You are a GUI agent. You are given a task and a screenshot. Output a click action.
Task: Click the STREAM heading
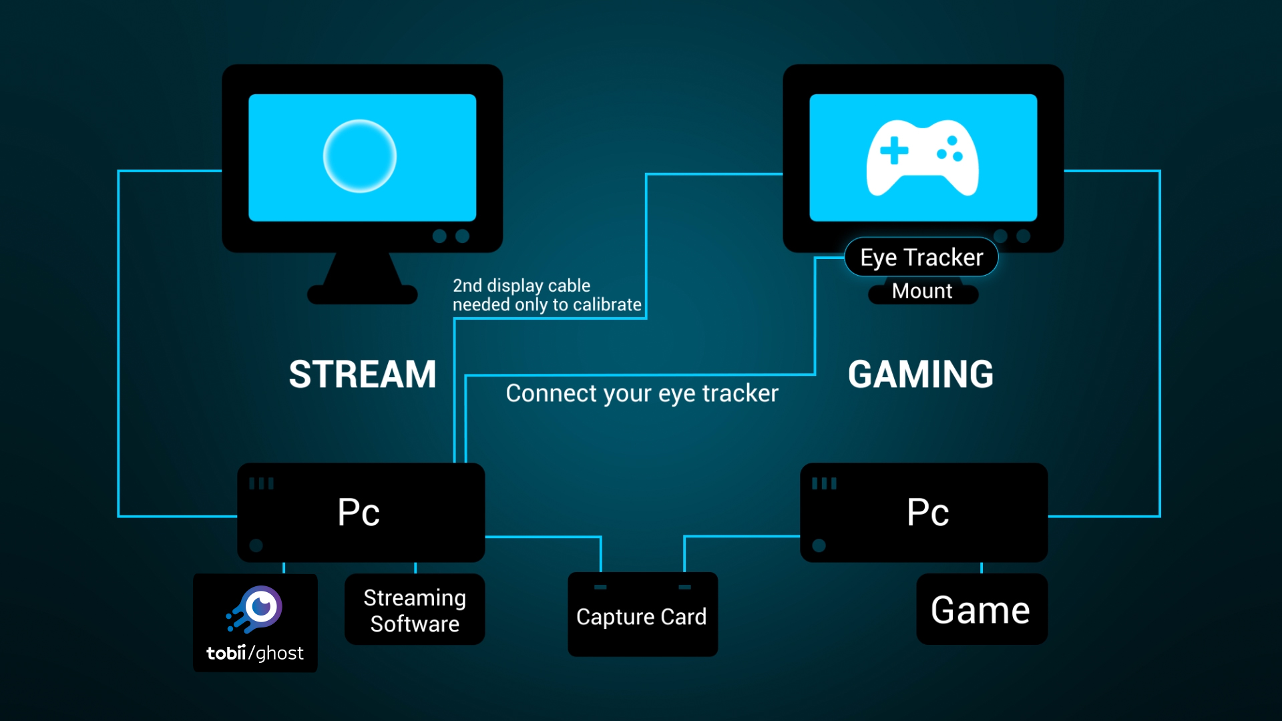(363, 374)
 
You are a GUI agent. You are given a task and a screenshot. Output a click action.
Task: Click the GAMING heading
(921, 374)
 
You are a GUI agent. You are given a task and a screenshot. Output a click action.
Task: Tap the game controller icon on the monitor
(922, 158)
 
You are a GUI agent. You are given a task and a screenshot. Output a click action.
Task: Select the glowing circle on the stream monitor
(360, 156)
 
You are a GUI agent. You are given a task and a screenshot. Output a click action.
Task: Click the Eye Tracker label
(921, 257)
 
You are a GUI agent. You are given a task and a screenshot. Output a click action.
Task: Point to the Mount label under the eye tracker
(922, 292)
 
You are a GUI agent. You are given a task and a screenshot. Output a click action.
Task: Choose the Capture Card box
(642, 616)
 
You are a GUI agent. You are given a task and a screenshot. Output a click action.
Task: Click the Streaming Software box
(415, 610)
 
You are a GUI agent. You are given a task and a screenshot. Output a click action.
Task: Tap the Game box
(981, 610)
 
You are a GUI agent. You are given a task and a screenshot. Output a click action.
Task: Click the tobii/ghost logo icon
(256, 609)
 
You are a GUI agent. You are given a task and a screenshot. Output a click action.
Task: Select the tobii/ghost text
(255, 653)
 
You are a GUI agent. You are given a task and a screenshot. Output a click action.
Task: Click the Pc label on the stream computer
(359, 513)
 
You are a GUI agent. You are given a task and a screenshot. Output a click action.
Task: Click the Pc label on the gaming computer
(927, 513)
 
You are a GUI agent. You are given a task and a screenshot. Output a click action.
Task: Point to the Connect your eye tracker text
(642, 393)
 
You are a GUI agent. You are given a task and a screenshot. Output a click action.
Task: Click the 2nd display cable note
(546, 295)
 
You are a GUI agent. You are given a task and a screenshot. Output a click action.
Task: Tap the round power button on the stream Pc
(256, 545)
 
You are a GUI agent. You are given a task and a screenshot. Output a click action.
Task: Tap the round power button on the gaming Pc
(819, 545)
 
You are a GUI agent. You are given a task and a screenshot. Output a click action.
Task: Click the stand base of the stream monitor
(362, 294)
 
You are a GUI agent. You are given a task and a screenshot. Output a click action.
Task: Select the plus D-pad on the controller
(894, 150)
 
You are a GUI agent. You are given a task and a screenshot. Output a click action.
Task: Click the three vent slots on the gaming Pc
(824, 483)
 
